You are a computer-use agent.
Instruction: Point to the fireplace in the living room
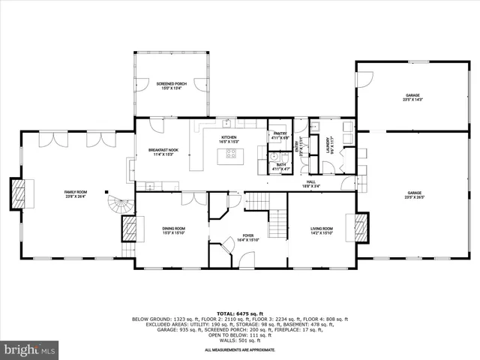click(361, 227)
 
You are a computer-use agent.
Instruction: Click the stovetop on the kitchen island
click(230, 155)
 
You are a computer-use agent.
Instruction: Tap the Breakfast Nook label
click(163, 152)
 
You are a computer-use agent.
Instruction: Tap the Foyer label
click(247, 238)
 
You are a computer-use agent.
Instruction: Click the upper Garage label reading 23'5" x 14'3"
click(413, 97)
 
